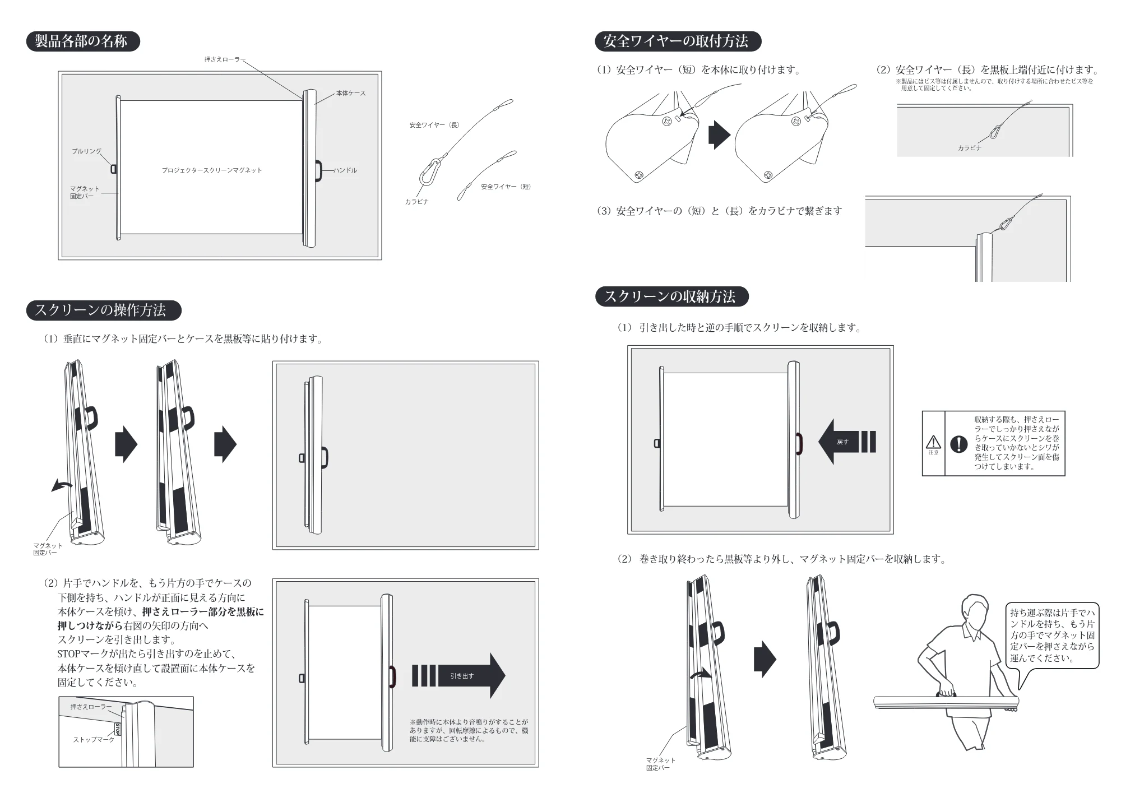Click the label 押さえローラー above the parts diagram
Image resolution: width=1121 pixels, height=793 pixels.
pos(225,59)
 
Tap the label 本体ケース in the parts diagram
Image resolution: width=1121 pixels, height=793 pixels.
pos(351,93)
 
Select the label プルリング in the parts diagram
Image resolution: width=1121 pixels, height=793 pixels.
pos(87,151)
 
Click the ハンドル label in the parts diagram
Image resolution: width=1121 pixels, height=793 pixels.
pos(345,170)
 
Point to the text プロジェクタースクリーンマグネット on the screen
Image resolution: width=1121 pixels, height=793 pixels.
pos(212,170)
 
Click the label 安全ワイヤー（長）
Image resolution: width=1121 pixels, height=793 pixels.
pos(434,125)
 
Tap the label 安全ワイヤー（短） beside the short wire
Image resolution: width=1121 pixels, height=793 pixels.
pos(506,187)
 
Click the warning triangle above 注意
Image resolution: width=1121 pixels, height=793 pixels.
pos(933,442)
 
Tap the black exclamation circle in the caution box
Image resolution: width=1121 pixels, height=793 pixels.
pos(959,444)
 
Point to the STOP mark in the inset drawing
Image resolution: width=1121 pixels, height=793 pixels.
pos(118,729)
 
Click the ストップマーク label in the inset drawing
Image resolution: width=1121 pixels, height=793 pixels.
pos(94,740)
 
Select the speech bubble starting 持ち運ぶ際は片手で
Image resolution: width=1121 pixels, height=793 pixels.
pos(1052,636)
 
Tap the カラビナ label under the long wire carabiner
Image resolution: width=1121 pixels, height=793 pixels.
pos(416,202)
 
